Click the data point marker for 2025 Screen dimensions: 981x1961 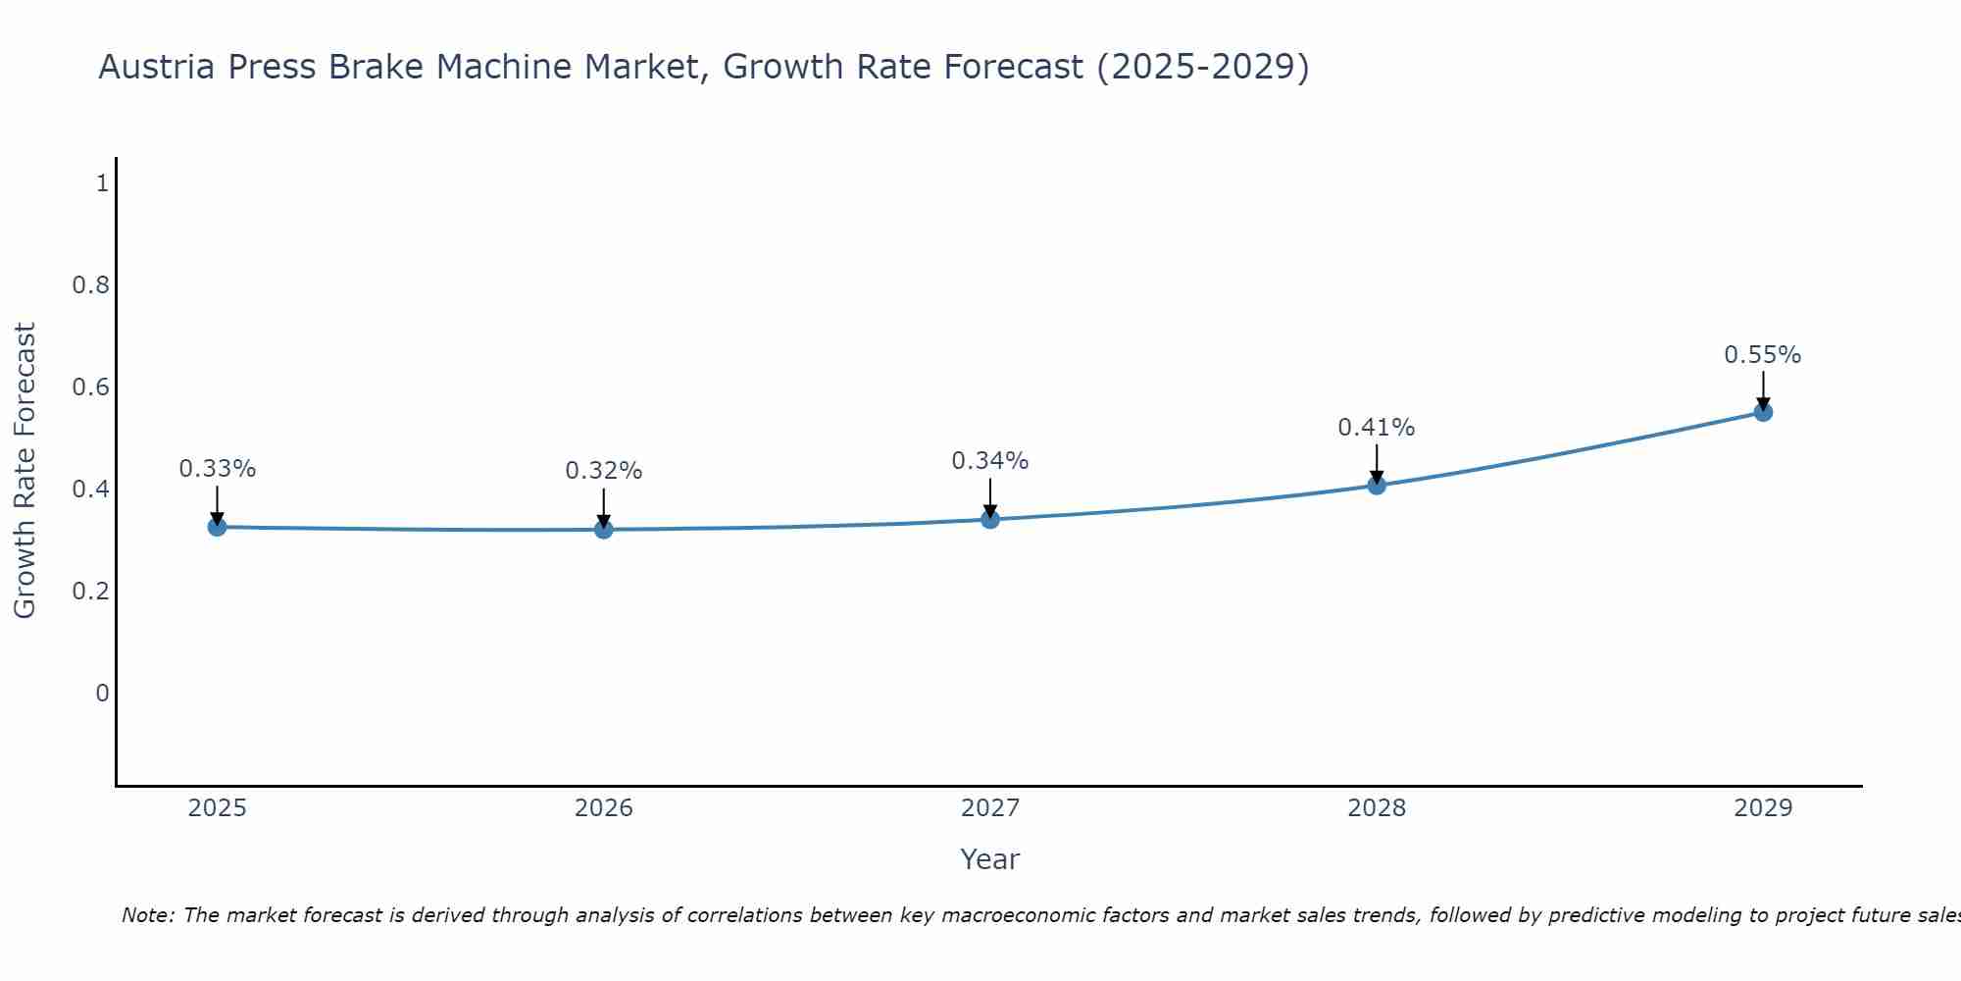(217, 527)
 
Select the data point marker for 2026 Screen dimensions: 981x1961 (604, 530)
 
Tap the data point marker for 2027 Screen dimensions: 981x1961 (990, 519)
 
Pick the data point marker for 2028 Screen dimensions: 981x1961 (1377, 485)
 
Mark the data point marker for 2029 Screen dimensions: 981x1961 (1763, 412)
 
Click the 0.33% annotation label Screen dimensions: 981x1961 (217, 469)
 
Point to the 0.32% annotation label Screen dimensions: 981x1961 (604, 471)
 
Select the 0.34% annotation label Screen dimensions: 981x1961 (990, 461)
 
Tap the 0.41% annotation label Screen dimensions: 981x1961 (1377, 428)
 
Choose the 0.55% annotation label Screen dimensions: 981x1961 (1763, 355)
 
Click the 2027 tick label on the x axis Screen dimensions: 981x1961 (990, 808)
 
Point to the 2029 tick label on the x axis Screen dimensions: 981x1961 (1763, 808)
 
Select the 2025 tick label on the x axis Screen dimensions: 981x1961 (217, 808)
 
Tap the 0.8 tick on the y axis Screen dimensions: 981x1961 (90, 285)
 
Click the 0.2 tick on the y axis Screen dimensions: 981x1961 (90, 592)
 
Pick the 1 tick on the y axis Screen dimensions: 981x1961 (102, 183)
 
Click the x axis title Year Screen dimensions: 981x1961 (990, 859)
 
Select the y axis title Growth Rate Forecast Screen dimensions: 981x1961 (25, 471)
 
